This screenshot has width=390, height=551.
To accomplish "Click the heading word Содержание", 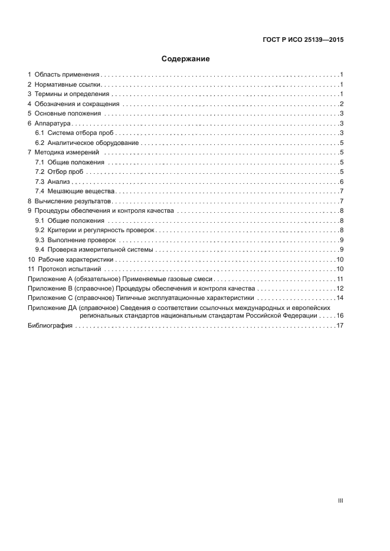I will [186, 59].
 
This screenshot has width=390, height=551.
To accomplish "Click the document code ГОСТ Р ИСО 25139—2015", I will [303, 40].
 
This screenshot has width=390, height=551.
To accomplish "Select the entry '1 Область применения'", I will [65, 75].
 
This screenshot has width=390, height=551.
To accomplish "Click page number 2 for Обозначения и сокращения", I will [342, 104].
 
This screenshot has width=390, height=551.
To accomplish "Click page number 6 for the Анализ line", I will [342, 181].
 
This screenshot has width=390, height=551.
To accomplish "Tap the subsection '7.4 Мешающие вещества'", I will [74, 191].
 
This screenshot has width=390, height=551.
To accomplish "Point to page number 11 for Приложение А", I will [340, 278].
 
